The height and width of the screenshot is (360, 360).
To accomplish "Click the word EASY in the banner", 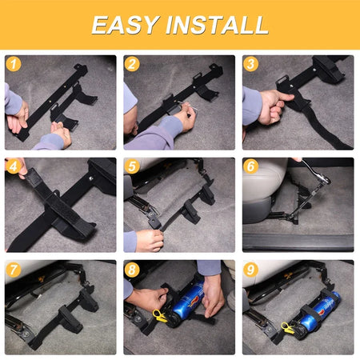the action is click(x=126, y=25).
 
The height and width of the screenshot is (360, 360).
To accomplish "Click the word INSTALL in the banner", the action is click(x=217, y=25).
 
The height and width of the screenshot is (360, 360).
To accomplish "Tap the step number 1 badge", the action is click(x=14, y=64).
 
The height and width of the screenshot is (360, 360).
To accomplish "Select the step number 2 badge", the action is click(x=132, y=64).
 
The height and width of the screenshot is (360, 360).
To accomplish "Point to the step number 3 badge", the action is click(x=250, y=64).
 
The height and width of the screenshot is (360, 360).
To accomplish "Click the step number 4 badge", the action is click(x=14, y=166).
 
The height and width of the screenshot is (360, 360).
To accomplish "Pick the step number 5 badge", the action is click(x=132, y=166).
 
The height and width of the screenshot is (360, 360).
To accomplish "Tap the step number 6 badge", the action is click(x=250, y=166).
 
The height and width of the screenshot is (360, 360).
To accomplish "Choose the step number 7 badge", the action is click(x=14, y=269).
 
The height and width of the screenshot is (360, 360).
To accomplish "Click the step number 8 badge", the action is click(x=132, y=269).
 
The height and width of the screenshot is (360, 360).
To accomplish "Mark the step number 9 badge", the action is click(x=250, y=269).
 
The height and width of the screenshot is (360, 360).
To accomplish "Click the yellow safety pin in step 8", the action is click(x=159, y=315).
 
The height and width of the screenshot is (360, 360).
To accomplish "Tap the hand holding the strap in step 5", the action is click(x=150, y=240).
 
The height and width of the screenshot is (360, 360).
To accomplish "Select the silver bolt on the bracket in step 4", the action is click(x=91, y=178).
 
